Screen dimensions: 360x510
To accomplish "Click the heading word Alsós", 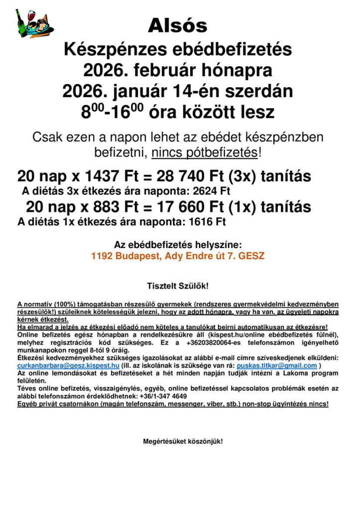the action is coord(177,25).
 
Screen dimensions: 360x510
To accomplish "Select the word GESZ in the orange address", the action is coord(251,256).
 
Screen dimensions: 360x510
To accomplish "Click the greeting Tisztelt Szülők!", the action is coord(177,286).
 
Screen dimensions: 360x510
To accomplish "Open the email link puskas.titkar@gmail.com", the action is coord(276,365).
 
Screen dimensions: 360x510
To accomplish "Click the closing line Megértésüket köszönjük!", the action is coord(183,441).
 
